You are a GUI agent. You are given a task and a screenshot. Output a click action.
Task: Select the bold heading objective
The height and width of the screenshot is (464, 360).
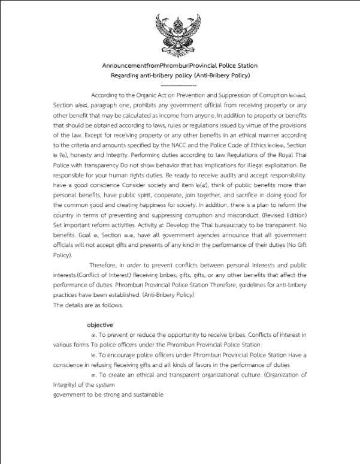click(100, 325)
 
